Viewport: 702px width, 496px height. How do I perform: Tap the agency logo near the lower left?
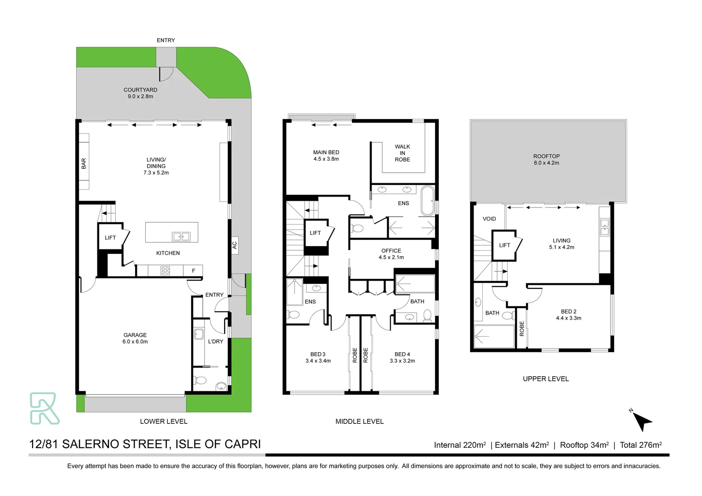tap(44, 408)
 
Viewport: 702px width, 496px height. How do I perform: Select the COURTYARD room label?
tap(140, 93)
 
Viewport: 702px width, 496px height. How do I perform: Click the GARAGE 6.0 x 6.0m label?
tap(135, 338)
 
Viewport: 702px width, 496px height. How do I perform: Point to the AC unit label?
tap(234, 245)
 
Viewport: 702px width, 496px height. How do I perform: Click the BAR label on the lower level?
tap(84, 163)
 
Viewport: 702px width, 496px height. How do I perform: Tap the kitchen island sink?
tap(181, 237)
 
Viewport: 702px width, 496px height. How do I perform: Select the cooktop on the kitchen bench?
tap(165, 271)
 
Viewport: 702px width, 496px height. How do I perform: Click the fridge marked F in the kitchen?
tap(193, 271)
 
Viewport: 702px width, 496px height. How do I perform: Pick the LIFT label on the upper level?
tap(504, 245)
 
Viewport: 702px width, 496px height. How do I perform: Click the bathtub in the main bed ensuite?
tap(427, 200)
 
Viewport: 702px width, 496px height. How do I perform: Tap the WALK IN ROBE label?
tap(402, 153)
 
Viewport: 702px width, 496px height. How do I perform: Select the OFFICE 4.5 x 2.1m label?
tap(391, 254)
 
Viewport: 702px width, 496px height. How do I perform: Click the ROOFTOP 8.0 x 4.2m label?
tap(546, 159)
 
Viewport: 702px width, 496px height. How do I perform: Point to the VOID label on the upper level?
tap(489, 219)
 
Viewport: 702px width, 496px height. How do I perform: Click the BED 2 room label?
tap(568, 315)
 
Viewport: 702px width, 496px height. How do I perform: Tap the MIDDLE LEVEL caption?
tap(359, 421)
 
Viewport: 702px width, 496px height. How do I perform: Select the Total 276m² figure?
tap(640, 445)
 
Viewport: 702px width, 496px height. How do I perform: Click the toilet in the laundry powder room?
tap(201, 380)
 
